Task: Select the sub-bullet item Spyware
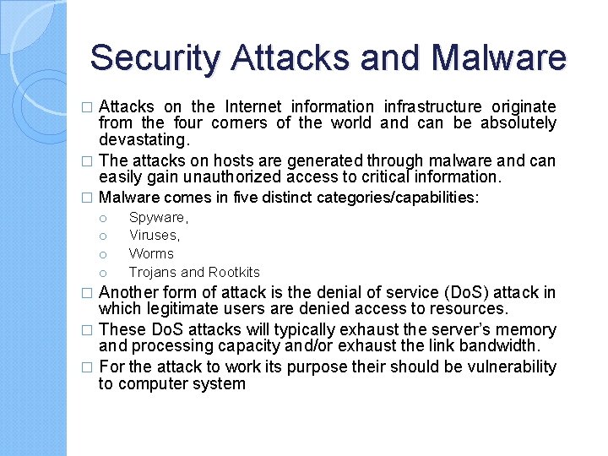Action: pyautogui.click(x=158, y=218)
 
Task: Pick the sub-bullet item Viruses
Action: pyautogui.click(x=154, y=236)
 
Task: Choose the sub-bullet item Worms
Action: pyautogui.click(x=151, y=253)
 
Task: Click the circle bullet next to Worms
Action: pyautogui.click(x=101, y=254)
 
